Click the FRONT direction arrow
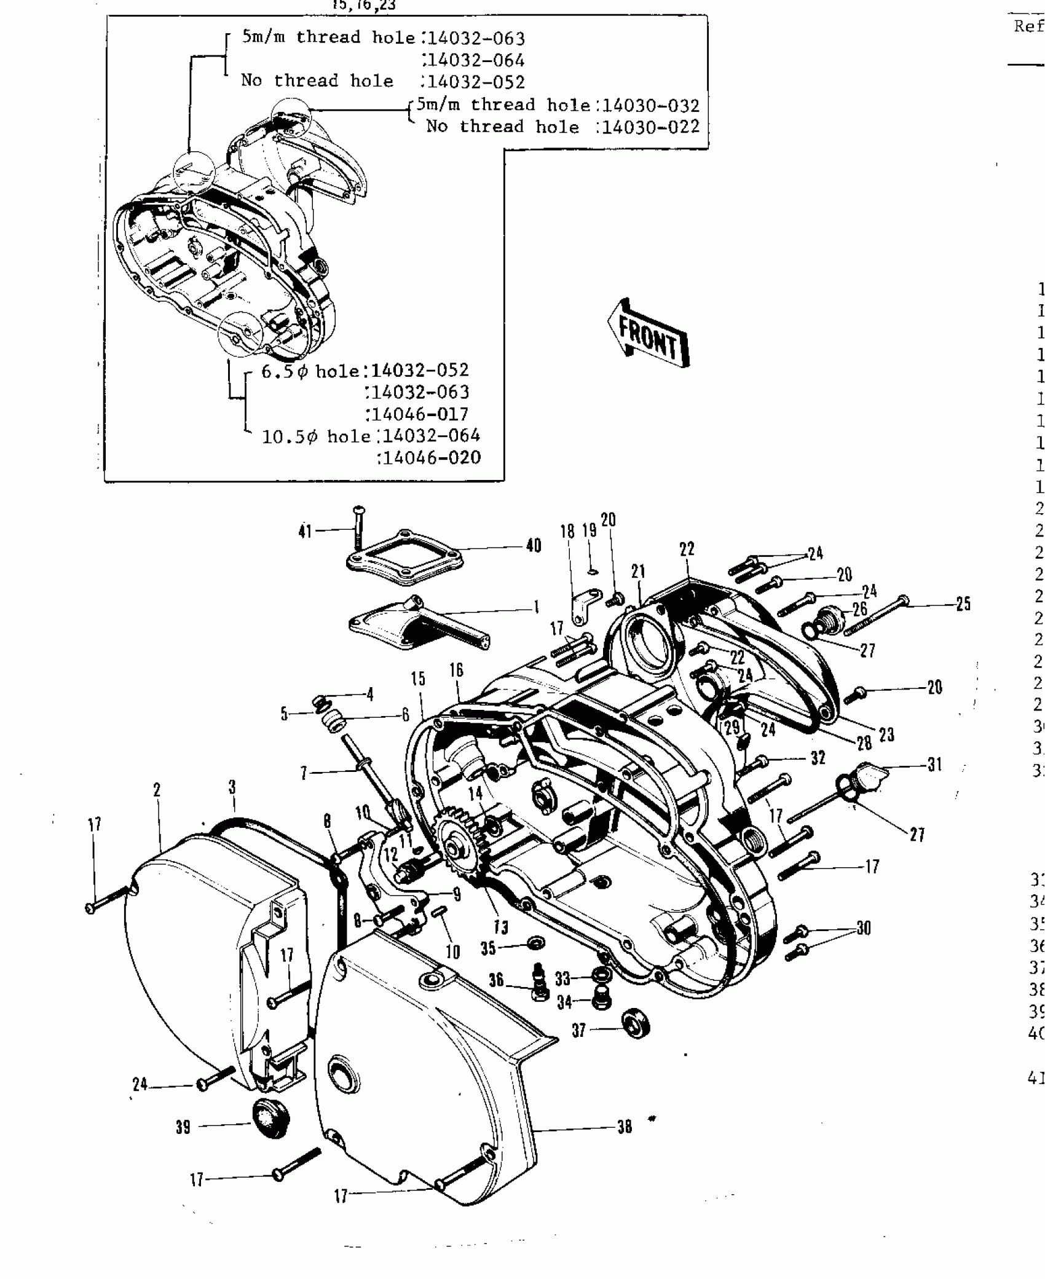point(649,335)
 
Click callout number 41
point(306,532)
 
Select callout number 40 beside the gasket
point(534,545)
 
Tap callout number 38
point(625,1127)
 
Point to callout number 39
point(183,1127)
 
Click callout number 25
point(963,604)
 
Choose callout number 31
point(934,765)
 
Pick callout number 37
point(579,1031)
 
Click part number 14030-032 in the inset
point(650,106)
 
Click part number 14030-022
point(650,127)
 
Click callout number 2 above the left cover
point(157,790)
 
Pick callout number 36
point(497,980)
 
